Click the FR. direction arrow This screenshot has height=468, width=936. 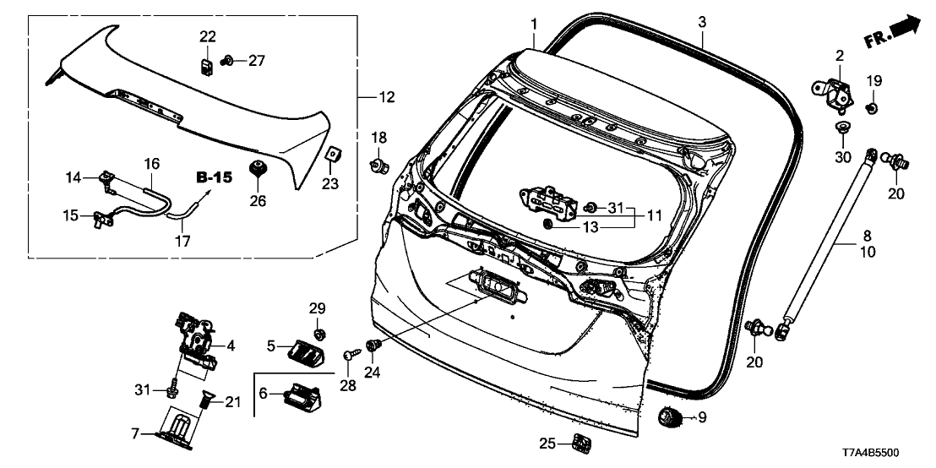coord(893,32)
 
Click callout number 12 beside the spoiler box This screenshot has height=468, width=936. coord(386,98)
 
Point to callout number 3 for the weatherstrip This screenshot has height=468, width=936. coord(701,21)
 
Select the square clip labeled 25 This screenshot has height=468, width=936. coord(580,442)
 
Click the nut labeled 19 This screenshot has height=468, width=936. coord(873,106)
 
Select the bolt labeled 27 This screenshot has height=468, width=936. coord(226,61)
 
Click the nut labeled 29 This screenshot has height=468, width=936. coord(320,326)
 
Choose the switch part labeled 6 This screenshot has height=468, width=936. coord(300,395)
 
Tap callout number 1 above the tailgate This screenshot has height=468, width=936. coord(534,21)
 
